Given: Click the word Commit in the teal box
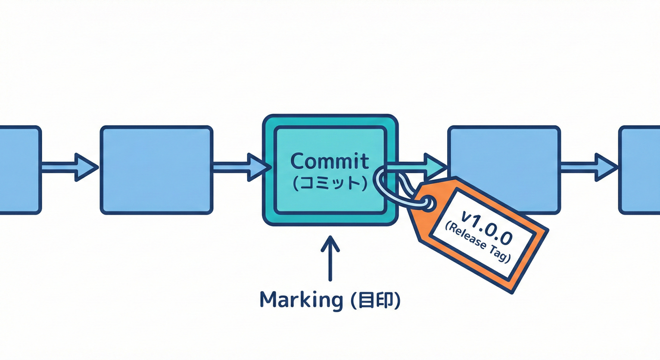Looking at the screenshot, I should click(x=330, y=162).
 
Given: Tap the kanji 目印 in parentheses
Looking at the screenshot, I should click(x=375, y=300).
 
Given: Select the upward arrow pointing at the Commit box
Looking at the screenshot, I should click(x=330, y=258).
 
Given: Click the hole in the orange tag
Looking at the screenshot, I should click(x=427, y=202).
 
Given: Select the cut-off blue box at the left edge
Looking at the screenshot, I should click(x=20, y=170).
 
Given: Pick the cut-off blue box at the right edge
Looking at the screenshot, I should click(x=640, y=170).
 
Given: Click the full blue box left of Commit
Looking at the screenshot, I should click(x=157, y=170).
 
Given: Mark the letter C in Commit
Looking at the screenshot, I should click(x=298, y=162).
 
